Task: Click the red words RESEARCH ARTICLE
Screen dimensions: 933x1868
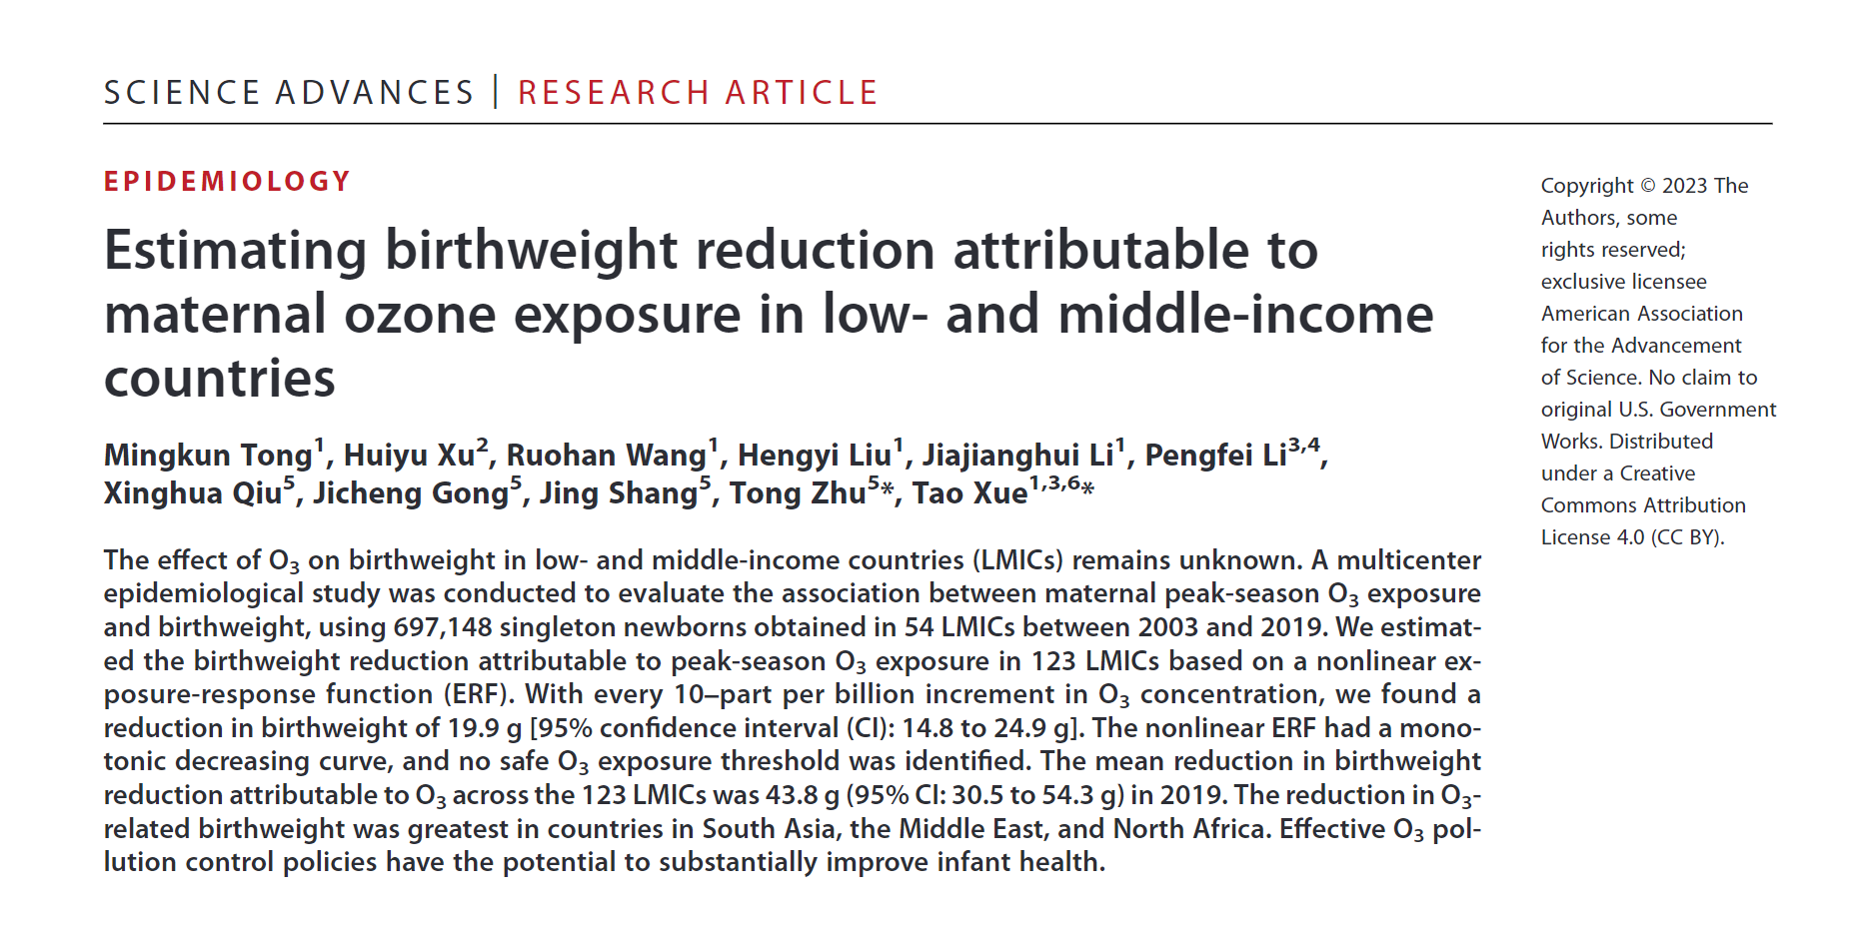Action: tap(697, 93)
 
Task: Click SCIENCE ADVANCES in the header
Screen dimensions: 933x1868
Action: tap(289, 93)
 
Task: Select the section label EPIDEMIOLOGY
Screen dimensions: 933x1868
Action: tap(228, 181)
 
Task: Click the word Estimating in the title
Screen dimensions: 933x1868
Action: tap(236, 250)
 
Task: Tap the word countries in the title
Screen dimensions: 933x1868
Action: tap(220, 379)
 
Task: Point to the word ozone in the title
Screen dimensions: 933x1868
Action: tap(420, 315)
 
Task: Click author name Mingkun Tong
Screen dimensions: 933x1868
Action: tap(208, 456)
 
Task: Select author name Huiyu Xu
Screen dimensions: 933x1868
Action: tap(409, 456)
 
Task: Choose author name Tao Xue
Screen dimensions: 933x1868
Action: tap(968, 493)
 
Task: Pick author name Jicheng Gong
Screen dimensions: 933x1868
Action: tap(410, 493)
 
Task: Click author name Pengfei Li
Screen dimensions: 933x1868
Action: tap(1215, 456)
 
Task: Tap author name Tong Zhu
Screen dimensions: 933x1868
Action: tap(797, 493)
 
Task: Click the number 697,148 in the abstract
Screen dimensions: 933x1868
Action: tap(443, 627)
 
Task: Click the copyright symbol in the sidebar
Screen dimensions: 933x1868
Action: tap(1648, 186)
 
